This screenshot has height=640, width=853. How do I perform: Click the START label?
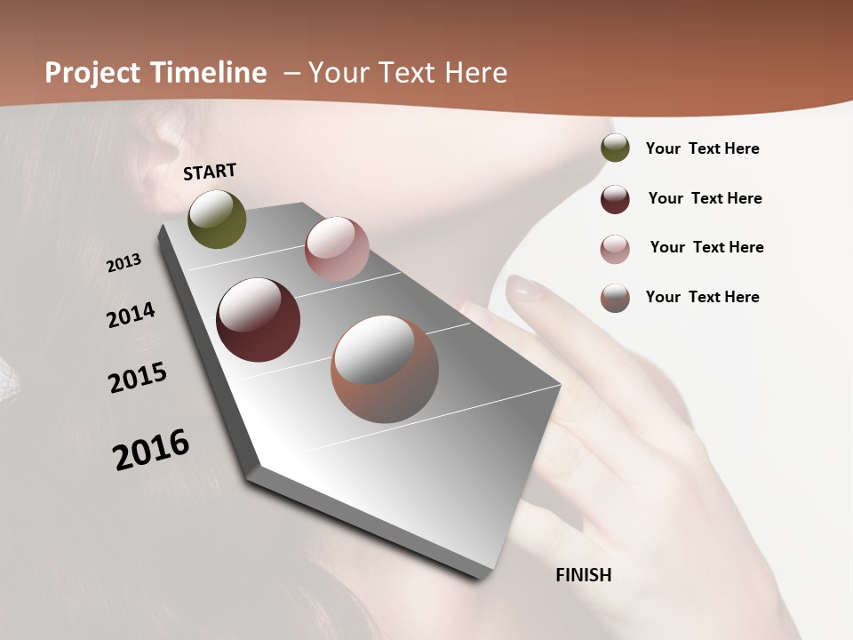(x=210, y=172)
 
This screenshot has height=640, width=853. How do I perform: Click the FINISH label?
(x=583, y=575)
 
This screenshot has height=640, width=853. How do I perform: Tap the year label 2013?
(x=124, y=263)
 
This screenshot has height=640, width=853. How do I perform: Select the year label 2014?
(x=131, y=315)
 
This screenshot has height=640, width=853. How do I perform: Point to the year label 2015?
(x=138, y=377)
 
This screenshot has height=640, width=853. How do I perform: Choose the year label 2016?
(x=151, y=449)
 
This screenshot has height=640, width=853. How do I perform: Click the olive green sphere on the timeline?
(x=218, y=219)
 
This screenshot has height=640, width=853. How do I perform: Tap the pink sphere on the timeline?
(x=337, y=249)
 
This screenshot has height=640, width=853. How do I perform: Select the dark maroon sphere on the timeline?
(x=258, y=320)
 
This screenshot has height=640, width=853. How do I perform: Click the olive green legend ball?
(x=615, y=148)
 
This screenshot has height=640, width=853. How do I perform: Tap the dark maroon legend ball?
(x=615, y=199)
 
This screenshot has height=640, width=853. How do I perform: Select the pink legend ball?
(x=615, y=249)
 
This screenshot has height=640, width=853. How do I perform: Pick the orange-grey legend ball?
(x=615, y=298)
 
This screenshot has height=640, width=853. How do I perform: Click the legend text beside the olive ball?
(x=702, y=149)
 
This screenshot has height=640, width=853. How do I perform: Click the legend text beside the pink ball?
(x=706, y=247)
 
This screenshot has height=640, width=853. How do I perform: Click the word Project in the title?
(x=93, y=73)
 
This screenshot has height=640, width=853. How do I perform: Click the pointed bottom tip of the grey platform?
(x=481, y=576)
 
